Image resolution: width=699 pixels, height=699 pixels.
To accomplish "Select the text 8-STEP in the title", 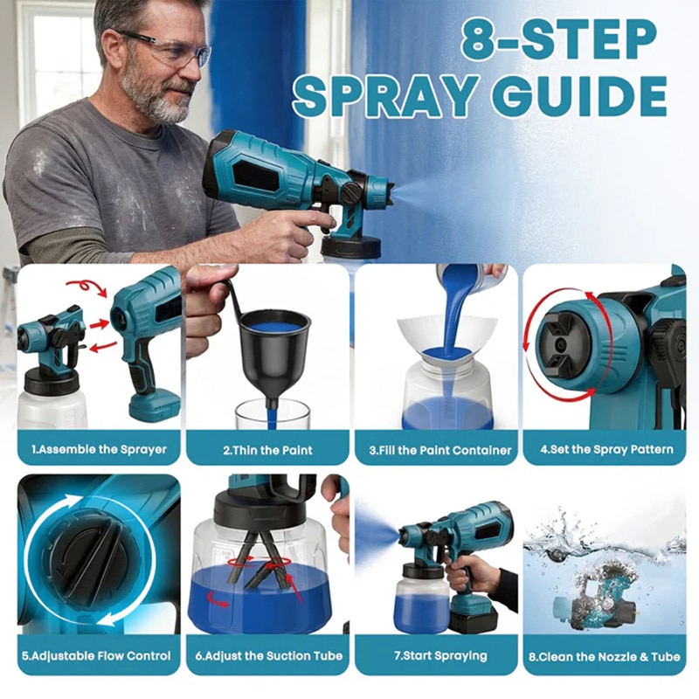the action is (558, 39).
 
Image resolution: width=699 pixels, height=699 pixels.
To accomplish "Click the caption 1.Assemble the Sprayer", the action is (99, 449).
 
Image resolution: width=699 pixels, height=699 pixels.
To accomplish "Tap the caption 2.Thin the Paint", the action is (267, 450).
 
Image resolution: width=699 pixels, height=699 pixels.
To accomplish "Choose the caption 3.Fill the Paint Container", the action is (440, 450).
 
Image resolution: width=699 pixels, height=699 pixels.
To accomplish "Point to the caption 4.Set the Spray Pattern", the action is (606, 449).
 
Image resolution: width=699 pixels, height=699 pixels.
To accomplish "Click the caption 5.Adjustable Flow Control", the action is (96, 656).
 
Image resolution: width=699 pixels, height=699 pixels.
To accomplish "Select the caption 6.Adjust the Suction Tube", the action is (269, 656).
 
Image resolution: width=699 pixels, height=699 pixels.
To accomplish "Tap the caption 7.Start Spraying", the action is (440, 656).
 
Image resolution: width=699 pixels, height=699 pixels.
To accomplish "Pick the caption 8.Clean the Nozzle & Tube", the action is (605, 657).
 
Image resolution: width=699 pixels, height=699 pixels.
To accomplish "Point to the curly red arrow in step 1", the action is (86, 287).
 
